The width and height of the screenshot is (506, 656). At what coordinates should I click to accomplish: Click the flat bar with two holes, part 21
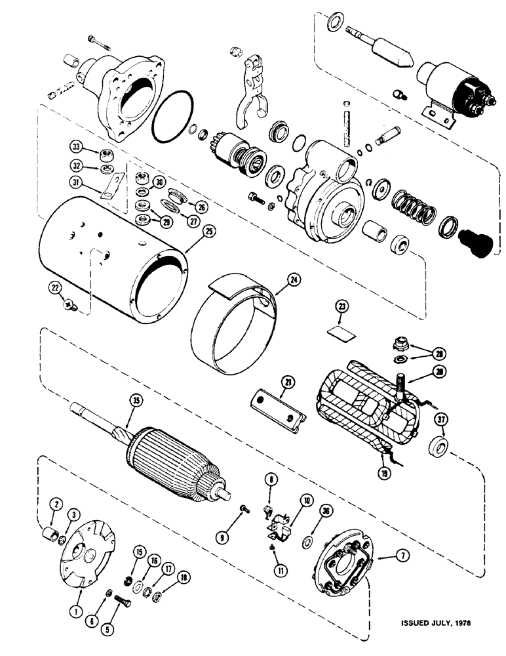278,407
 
